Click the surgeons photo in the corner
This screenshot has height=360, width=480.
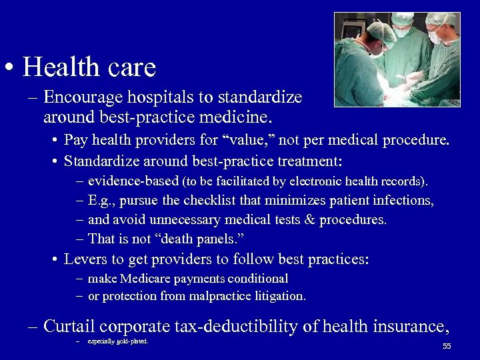click(397, 59)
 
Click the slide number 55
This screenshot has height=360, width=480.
click(447, 346)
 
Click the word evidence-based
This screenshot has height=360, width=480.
click(133, 181)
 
